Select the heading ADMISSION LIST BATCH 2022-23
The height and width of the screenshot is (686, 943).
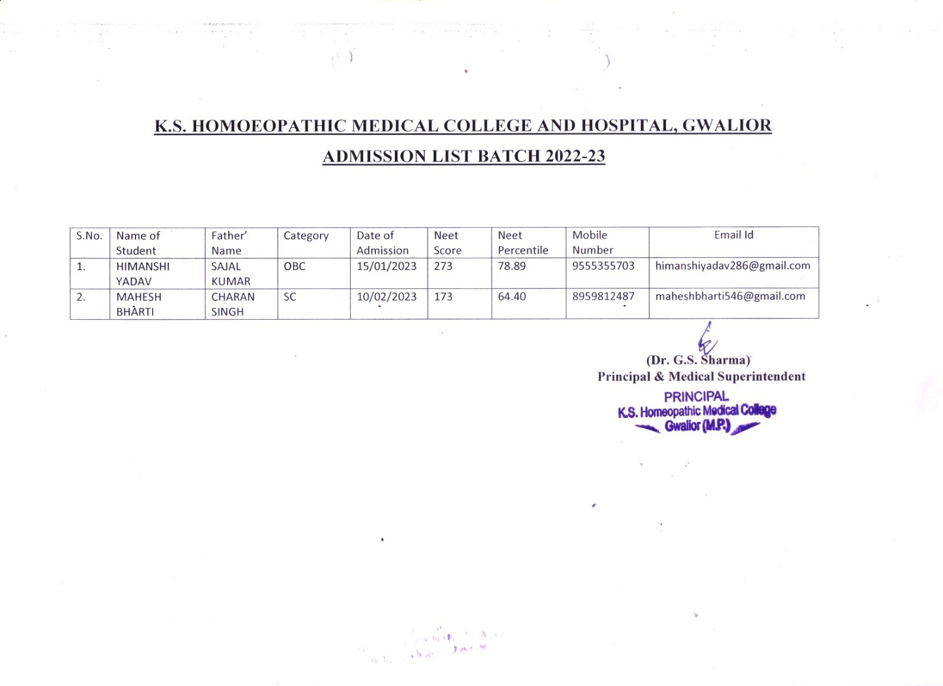coord(464,156)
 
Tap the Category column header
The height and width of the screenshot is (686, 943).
coord(306,236)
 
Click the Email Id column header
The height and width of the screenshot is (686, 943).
coord(734,235)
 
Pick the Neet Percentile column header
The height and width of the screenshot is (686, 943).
coord(523,242)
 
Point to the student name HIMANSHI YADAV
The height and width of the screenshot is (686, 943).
coord(143,274)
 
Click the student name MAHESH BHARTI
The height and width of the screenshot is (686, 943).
coord(139,304)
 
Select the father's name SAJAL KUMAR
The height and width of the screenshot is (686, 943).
coord(230,274)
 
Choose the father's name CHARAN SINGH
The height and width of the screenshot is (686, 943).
coord(233,304)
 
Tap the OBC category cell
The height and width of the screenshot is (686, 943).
coord(295,267)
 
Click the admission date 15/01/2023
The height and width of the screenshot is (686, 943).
coord(387,266)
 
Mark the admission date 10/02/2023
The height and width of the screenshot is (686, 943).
coord(387,297)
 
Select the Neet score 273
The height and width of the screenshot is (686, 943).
coord(443,266)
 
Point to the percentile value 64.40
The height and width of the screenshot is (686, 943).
coord(512,297)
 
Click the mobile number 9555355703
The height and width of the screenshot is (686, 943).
coord(604,266)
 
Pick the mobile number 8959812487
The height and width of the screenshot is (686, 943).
coord(604,297)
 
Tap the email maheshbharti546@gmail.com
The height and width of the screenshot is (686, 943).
coord(730,296)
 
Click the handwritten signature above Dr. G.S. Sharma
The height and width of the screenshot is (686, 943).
coord(706,339)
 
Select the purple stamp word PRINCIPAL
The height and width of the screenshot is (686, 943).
coord(696,397)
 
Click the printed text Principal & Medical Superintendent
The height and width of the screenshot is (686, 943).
coord(701,377)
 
